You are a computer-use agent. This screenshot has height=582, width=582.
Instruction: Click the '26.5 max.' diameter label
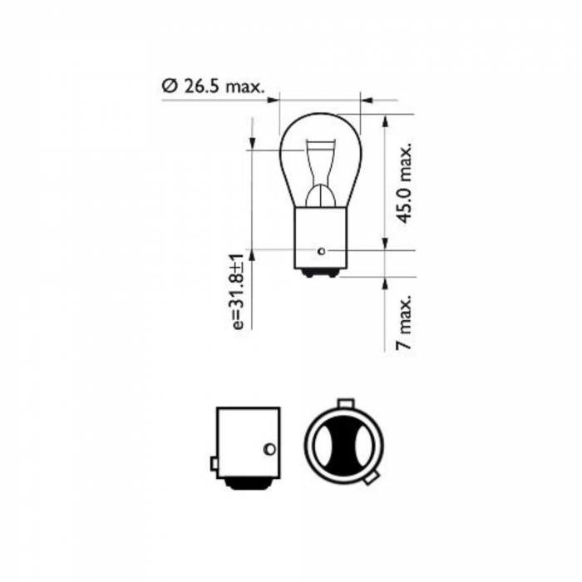pyautogui.click(x=222, y=86)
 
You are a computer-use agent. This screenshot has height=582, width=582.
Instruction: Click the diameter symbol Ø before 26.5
pyautogui.click(x=169, y=86)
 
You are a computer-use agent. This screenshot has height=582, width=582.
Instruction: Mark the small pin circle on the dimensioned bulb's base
pyautogui.click(x=322, y=249)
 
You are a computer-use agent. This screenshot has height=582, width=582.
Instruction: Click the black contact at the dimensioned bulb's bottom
pyautogui.click(x=320, y=273)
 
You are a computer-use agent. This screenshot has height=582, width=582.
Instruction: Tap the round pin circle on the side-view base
pyautogui.click(x=269, y=449)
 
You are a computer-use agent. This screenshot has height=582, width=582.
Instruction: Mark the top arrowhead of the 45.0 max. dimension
pyautogui.click(x=385, y=119)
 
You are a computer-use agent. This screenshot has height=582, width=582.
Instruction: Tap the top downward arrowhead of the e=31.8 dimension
pyautogui.click(x=250, y=145)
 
